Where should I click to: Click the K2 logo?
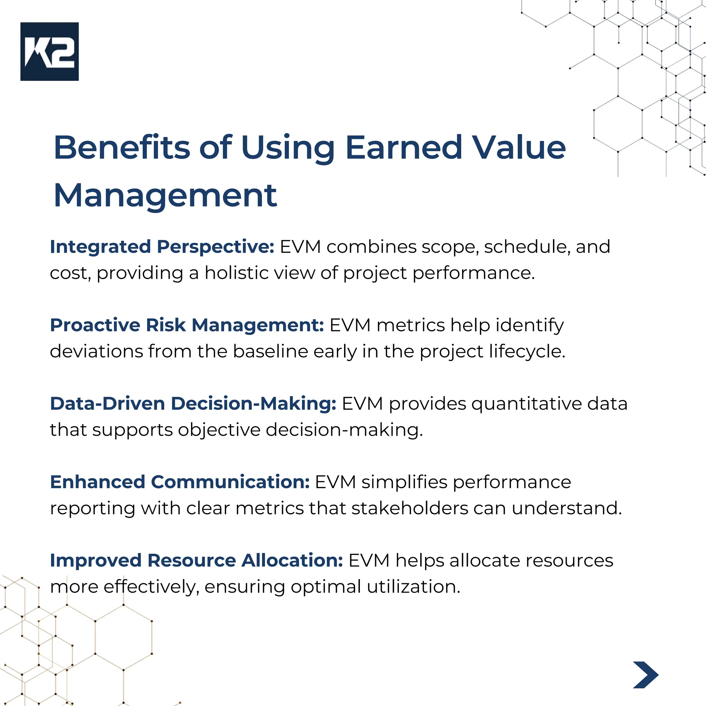coord(49,51)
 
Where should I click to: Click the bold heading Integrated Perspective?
coord(162,247)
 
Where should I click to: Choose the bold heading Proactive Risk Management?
coord(187,325)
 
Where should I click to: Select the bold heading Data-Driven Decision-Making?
coord(193,403)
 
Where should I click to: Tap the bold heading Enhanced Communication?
coord(180,482)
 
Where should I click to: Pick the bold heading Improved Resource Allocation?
coord(196,560)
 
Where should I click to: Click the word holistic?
coord(239,273)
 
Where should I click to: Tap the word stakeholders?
coord(410,508)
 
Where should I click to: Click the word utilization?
coord(413,587)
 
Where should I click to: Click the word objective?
coord(219,430)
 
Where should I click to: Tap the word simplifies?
coord(404,482)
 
